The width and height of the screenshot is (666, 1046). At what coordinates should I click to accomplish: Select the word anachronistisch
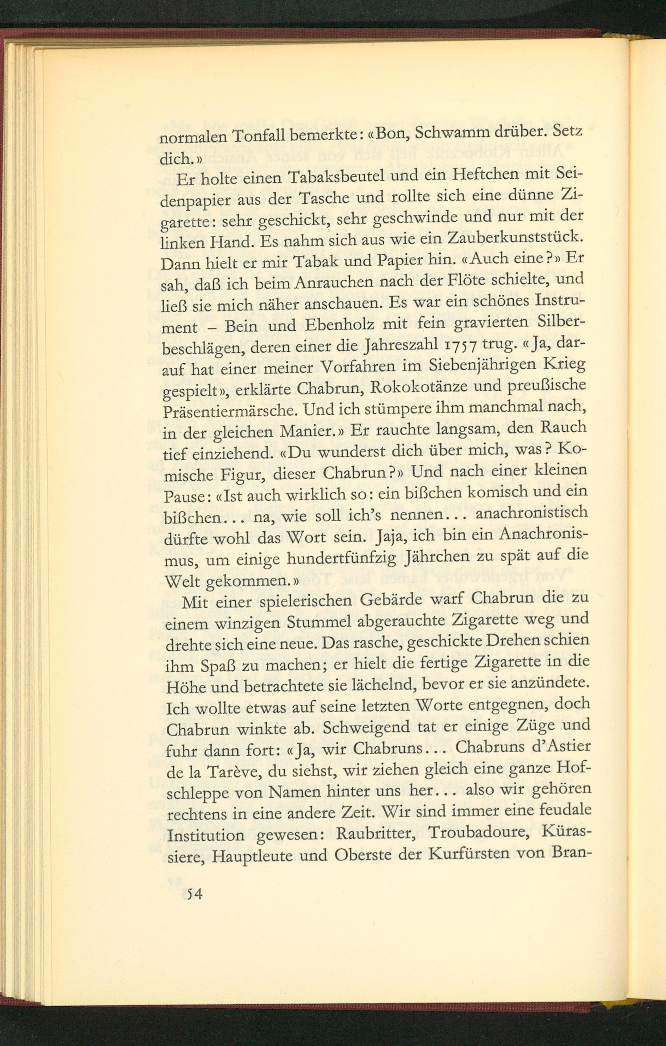pos(532,514)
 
